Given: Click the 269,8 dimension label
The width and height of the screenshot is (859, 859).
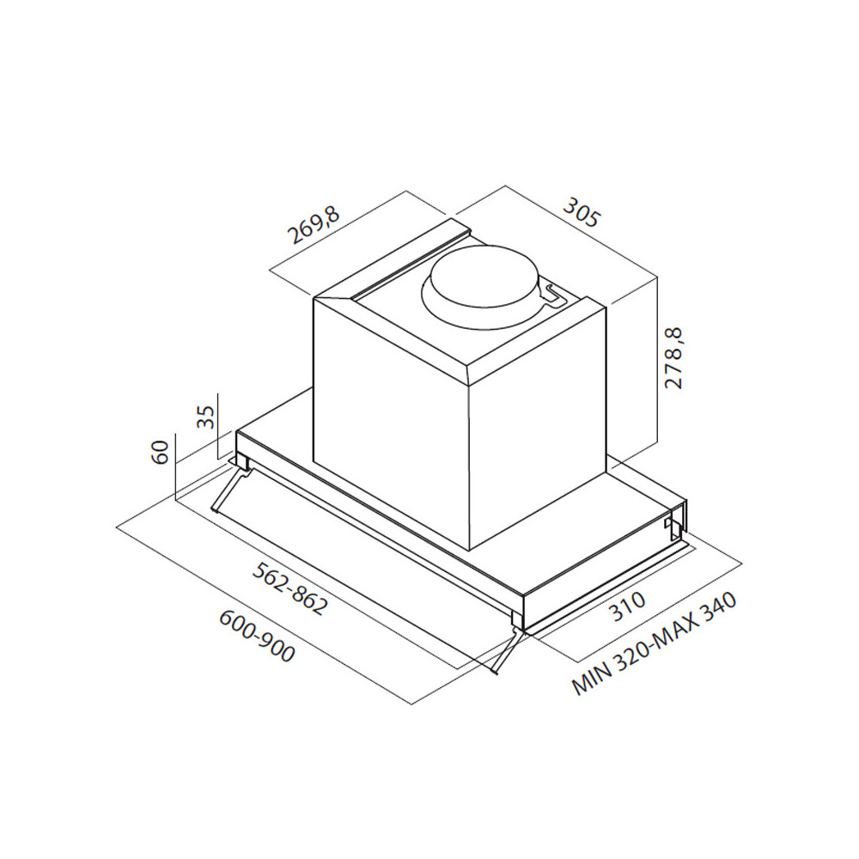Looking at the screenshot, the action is (x=314, y=224).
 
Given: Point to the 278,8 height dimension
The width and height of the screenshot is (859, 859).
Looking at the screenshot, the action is (x=673, y=358).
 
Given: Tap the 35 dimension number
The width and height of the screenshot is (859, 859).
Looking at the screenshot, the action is (x=205, y=417).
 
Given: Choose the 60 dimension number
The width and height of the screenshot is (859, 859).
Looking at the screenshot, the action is (x=160, y=452).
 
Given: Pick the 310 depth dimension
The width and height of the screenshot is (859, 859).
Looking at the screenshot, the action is (x=627, y=606).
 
